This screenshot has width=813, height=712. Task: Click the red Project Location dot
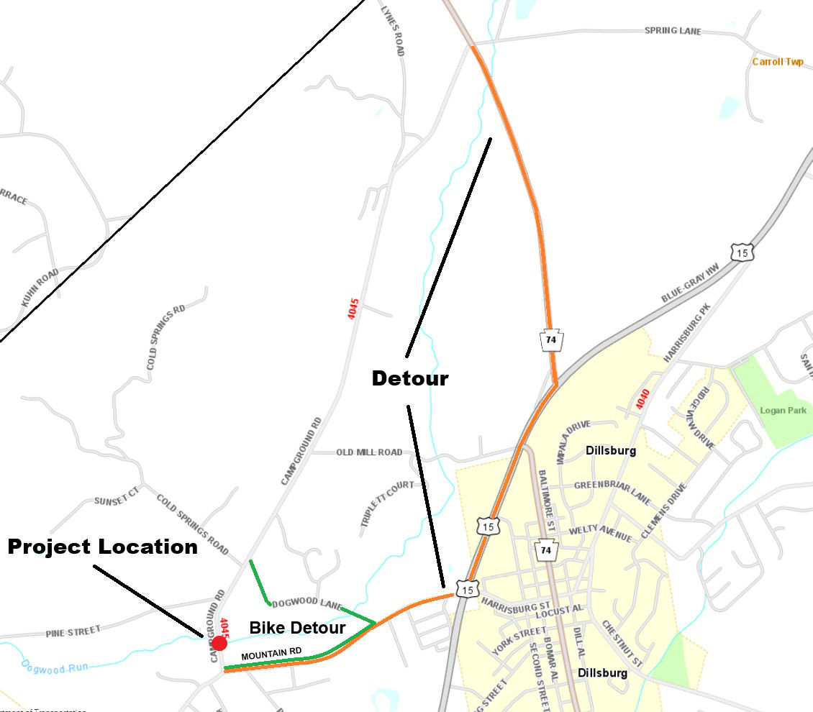click(x=219, y=643)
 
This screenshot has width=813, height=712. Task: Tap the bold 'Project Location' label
click(x=102, y=547)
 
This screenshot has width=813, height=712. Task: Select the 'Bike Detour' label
click(x=297, y=628)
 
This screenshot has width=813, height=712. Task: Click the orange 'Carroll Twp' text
click(x=778, y=62)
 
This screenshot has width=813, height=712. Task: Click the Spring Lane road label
click(x=672, y=32)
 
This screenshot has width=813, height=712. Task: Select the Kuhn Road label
click(x=40, y=288)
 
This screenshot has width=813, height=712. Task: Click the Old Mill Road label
click(x=369, y=452)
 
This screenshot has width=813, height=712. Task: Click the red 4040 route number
click(x=642, y=400)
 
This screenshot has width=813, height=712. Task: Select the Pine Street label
click(x=73, y=631)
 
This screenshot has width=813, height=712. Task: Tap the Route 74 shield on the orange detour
click(x=551, y=340)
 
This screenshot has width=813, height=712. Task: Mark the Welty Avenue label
click(x=599, y=534)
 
